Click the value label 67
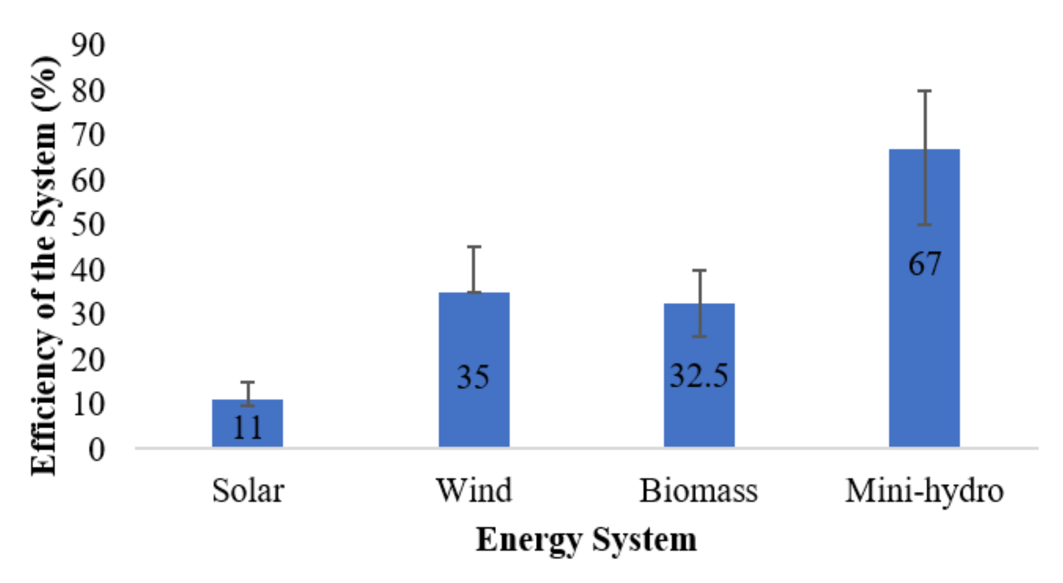click(924, 264)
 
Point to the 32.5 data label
click(698, 376)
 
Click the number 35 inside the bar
click(473, 377)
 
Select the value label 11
click(247, 428)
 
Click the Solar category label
click(248, 491)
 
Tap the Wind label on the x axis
click(474, 491)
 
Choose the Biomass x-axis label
click(698, 491)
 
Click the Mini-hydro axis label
click(924, 491)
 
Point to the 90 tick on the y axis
click(88, 45)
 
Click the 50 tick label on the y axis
click(88, 225)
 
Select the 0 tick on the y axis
click(97, 450)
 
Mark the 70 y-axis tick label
click(88, 135)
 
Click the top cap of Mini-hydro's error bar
click(924, 91)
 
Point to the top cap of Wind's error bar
click(474, 247)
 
